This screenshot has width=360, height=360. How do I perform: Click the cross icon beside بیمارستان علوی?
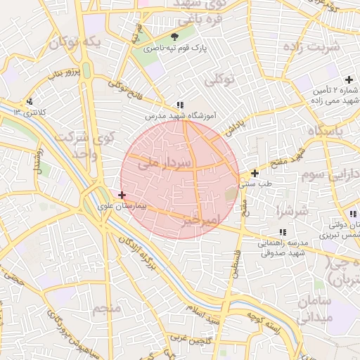pos(122,195)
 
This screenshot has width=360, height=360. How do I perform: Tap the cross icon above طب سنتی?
pos(255,173)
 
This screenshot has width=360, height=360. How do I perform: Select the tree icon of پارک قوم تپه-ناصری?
pos(174,37)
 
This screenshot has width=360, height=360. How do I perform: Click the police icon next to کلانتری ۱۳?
pos(29,101)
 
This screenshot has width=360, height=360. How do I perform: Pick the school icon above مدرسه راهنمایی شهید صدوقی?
pos(282,232)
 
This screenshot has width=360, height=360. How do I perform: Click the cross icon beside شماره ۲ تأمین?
pos(349,79)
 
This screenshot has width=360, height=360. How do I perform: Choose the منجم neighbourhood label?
pos(106,308)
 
